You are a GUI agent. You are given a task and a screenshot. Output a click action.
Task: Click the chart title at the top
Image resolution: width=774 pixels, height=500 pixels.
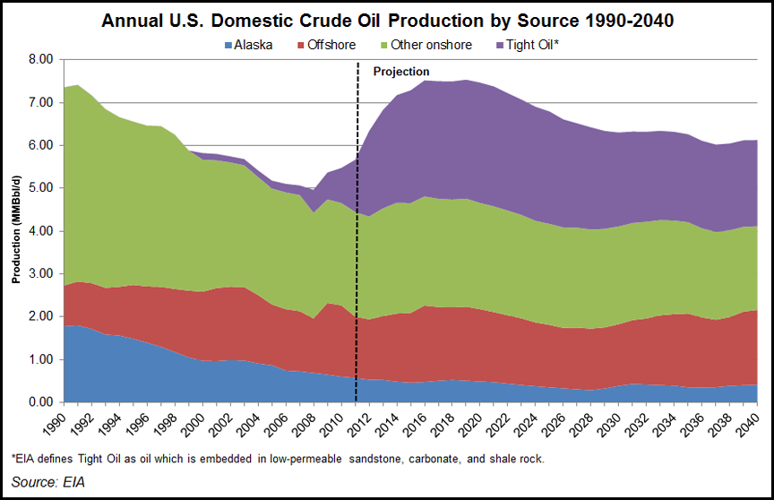[387, 19]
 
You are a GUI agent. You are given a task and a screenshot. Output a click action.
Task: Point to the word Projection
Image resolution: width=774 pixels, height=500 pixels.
[400, 72]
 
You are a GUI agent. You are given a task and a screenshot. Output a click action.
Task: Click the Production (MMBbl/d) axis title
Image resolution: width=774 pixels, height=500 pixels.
[16, 230]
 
